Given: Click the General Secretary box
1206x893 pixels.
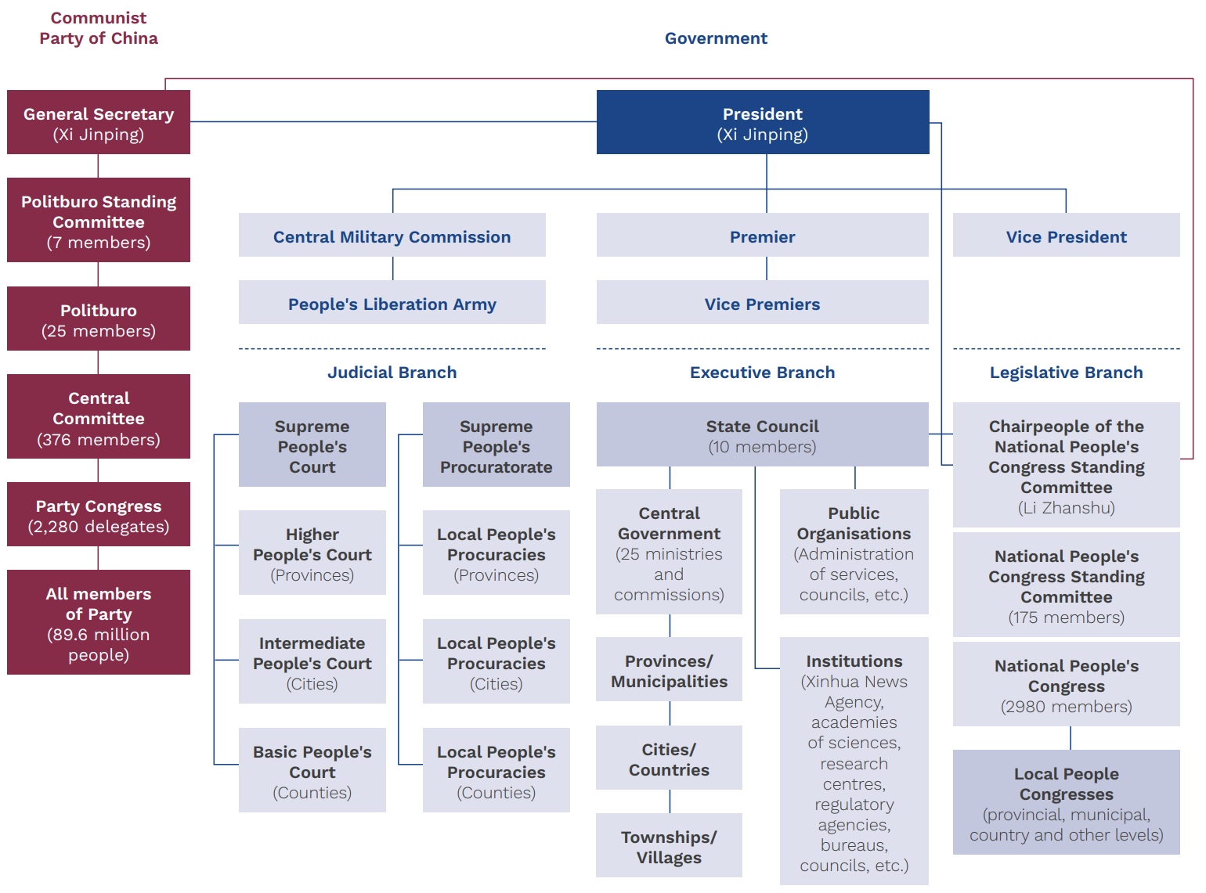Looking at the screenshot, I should pyautogui.click(x=99, y=122).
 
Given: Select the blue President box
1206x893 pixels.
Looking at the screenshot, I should pyautogui.click(x=762, y=122).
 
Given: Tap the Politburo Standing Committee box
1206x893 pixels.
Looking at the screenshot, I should pyautogui.click(x=99, y=220).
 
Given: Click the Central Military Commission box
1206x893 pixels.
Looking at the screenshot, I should pyautogui.click(x=392, y=236).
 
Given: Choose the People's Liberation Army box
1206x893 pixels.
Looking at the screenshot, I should pyautogui.click(x=392, y=303).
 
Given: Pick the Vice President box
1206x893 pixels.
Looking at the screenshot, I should pyautogui.click(x=1066, y=236).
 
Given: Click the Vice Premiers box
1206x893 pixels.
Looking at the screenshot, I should pyautogui.click(x=762, y=303).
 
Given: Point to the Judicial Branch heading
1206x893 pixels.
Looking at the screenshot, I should pyautogui.click(x=392, y=373).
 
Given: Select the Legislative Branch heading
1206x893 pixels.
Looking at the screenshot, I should pyautogui.click(x=1066, y=373).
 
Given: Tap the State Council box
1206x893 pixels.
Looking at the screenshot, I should pyautogui.click(x=762, y=435).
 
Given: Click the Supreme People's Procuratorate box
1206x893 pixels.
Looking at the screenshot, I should pyautogui.click(x=496, y=445).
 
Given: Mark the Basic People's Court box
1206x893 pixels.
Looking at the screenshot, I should pyautogui.click(x=312, y=770).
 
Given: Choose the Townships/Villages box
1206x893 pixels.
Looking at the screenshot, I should pyautogui.click(x=669, y=846).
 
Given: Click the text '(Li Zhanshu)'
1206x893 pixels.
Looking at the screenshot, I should pyautogui.click(x=1066, y=508).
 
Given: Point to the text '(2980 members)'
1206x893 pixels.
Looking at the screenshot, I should pyautogui.click(x=1066, y=707).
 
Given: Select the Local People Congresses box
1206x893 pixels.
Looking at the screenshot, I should pyautogui.click(x=1066, y=802).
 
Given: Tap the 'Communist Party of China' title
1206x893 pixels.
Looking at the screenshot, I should pyautogui.click(x=99, y=28).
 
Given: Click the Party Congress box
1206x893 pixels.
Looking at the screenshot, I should pyautogui.click(x=99, y=515).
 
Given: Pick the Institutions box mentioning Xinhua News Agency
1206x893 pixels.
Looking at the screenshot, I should pyautogui.click(x=854, y=761).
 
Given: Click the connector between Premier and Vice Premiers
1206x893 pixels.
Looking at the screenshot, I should pyautogui.click(x=767, y=268).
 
